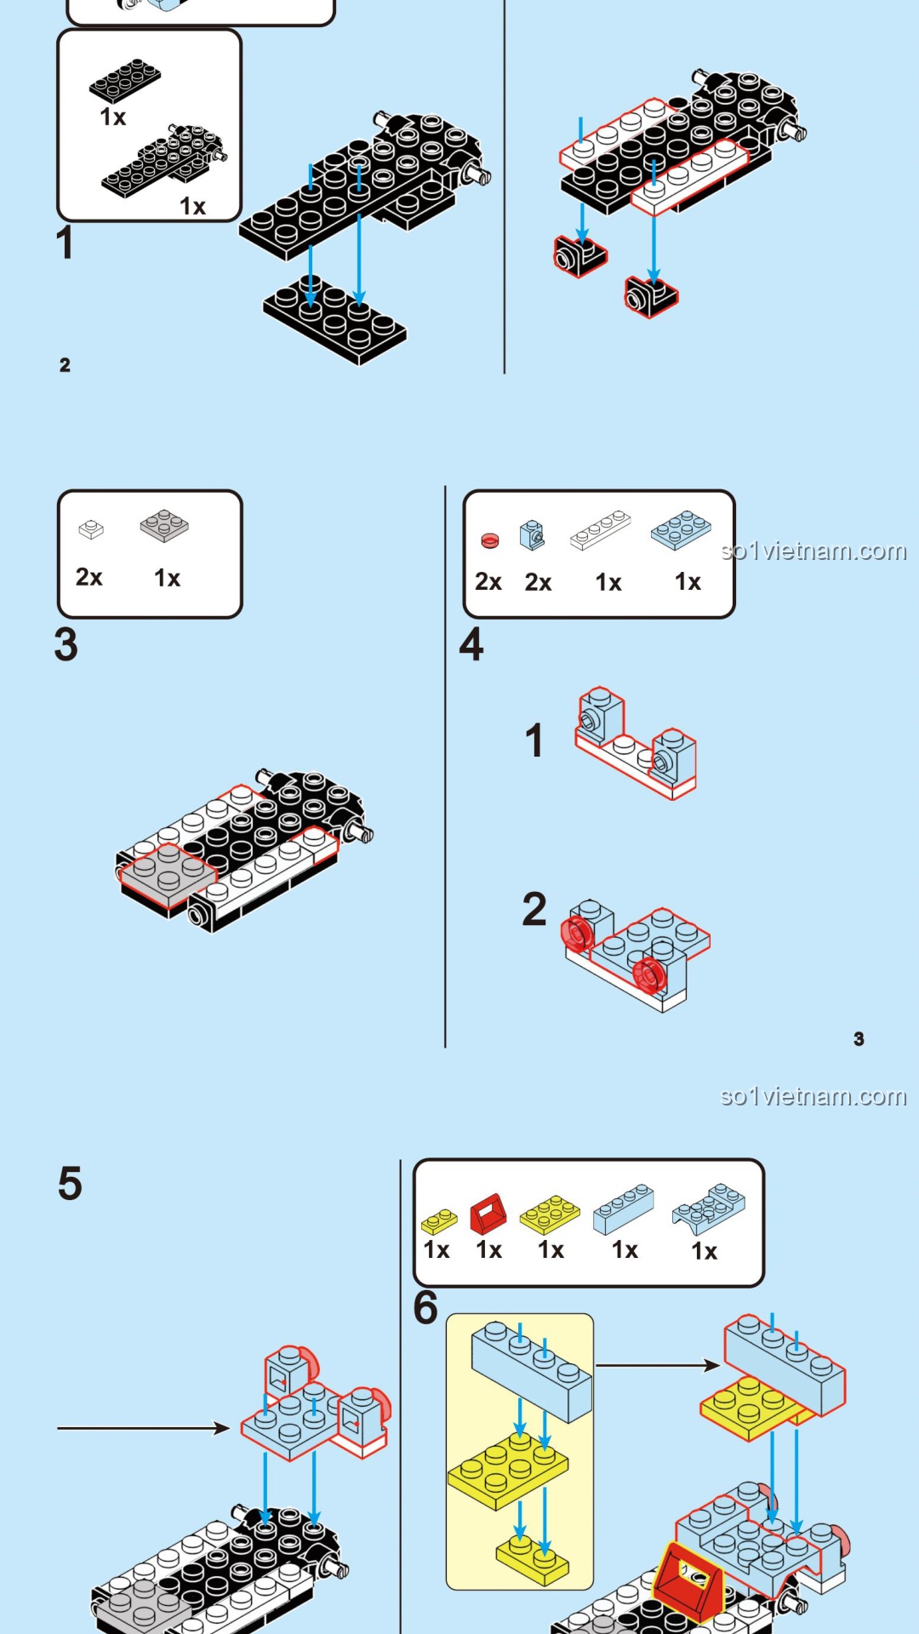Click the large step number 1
[x=65, y=243]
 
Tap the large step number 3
[x=66, y=645]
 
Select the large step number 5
[x=70, y=1184]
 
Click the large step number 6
[x=425, y=1308]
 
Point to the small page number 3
[x=859, y=1039]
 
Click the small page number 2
[x=65, y=365]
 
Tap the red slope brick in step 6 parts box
[x=488, y=1214]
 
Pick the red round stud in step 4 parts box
[x=489, y=540]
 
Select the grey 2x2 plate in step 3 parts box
[x=164, y=525]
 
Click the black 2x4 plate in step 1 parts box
[x=125, y=81]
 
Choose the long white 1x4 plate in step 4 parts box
[x=600, y=530]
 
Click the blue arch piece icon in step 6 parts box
[x=708, y=1208]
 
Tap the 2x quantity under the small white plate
[x=88, y=577]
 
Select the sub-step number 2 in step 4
[x=534, y=910]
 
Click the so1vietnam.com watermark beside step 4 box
[x=813, y=551]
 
